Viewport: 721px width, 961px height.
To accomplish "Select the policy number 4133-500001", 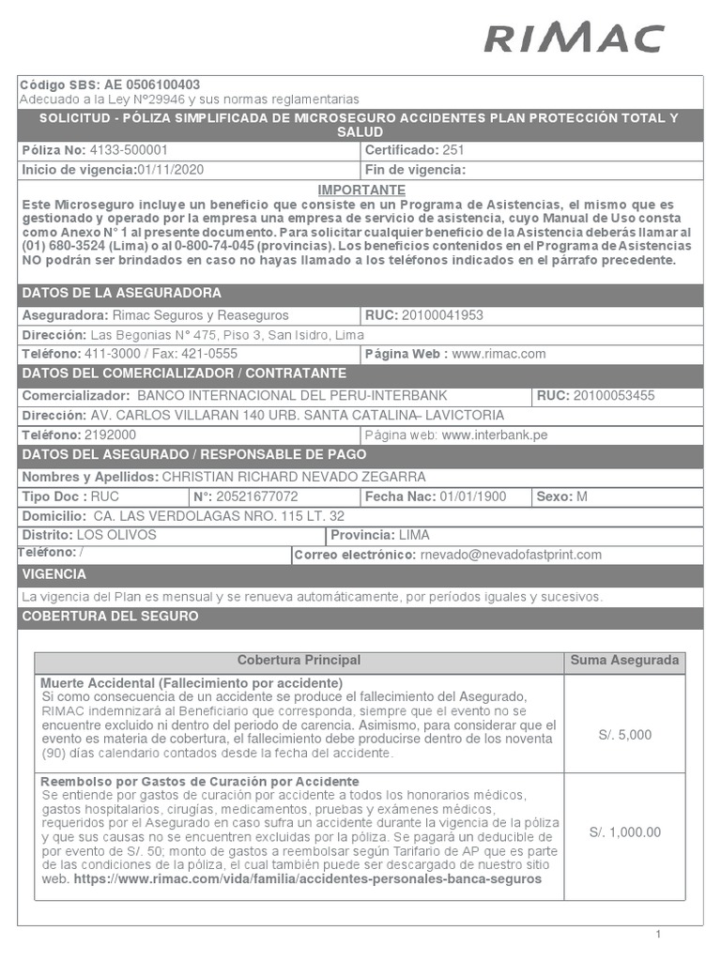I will click(130, 150).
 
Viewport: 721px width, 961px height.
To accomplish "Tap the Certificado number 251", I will click(453, 150).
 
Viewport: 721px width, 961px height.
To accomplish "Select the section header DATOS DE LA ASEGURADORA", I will click(122, 293).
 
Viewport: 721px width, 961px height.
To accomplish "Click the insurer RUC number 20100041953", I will click(442, 315).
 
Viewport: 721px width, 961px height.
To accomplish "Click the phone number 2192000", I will click(110, 435).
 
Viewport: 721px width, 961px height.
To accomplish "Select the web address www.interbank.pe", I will click(495, 435).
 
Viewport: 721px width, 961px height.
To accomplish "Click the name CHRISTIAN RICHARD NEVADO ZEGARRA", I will click(294, 477).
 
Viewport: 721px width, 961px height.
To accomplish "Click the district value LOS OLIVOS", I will click(116, 535).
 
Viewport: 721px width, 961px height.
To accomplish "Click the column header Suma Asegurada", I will click(624, 661).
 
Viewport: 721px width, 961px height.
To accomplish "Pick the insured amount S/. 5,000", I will click(624, 735).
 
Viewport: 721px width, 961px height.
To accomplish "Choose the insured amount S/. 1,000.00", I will click(624, 832).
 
